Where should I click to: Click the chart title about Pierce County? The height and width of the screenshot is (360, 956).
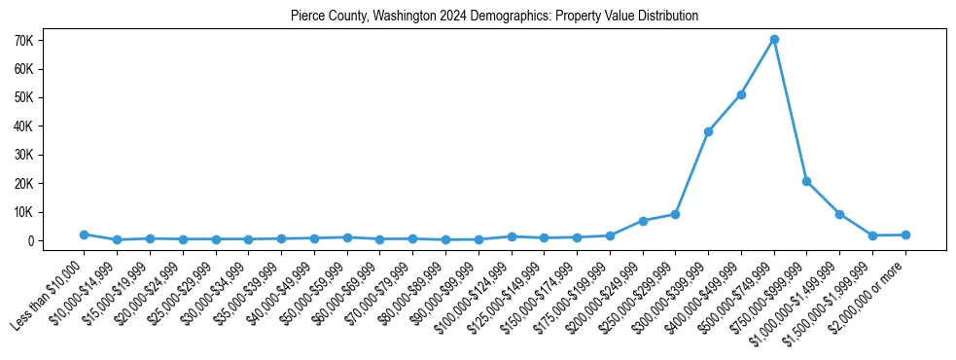(x=494, y=17)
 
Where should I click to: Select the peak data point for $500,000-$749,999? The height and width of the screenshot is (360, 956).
(x=774, y=40)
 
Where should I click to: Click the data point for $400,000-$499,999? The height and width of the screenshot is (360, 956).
(x=741, y=94)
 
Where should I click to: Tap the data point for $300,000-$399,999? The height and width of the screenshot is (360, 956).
(x=708, y=131)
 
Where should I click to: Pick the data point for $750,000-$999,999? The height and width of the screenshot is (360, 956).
(x=806, y=181)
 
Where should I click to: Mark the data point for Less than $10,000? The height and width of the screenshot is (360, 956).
(x=84, y=234)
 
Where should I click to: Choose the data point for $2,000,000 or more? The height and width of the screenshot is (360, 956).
(x=905, y=234)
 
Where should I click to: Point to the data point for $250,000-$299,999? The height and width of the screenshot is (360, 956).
(x=675, y=214)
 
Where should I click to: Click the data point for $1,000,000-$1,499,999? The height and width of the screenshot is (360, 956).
(x=839, y=214)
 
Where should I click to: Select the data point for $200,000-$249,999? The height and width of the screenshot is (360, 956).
(x=643, y=221)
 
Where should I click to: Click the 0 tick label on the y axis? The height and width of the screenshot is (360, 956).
(x=57, y=240)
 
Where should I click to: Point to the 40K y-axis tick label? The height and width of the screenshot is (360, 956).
(x=51, y=126)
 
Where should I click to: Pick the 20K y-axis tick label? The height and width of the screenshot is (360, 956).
(x=51, y=183)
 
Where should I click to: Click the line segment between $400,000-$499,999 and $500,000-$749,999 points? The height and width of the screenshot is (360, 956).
(x=758, y=67)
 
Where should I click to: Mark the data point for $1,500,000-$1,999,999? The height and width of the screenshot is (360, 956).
(x=872, y=235)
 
